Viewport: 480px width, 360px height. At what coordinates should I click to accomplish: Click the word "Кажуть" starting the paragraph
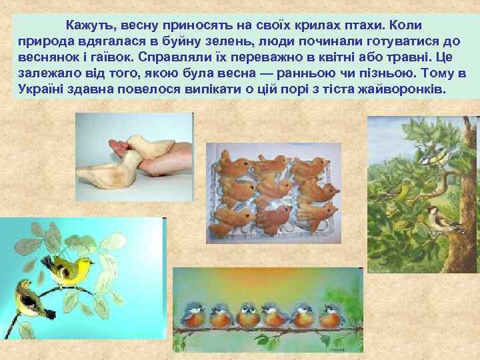[x=89, y=25]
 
